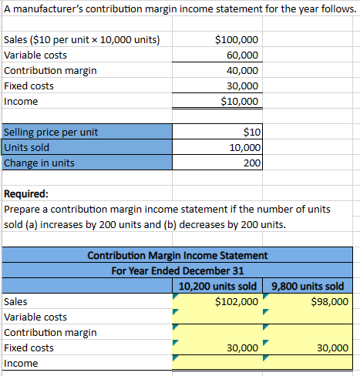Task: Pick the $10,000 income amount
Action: (x=240, y=101)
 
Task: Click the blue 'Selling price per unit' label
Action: (x=52, y=132)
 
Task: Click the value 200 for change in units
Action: (x=251, y=163)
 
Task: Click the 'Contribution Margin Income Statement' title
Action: (x=178, y=255)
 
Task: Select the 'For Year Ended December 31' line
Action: (x=178, y=270)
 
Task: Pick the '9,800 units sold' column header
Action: (x=308, y=286)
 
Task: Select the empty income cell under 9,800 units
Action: (x=308, y=363)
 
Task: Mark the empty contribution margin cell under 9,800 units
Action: (x=308, y=332)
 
